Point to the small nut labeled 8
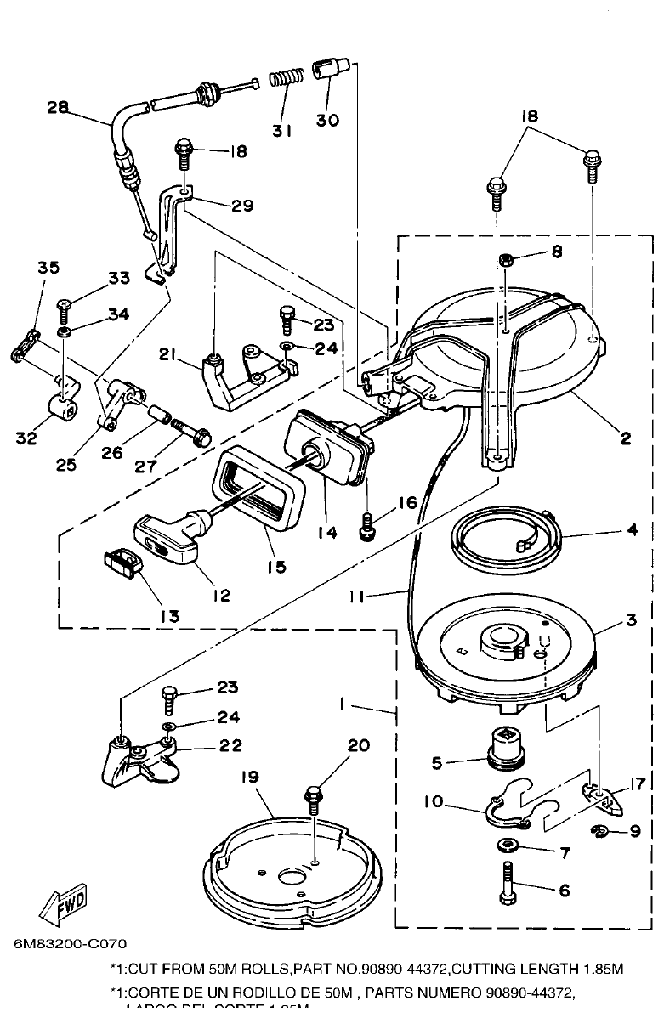505,257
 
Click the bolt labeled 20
315,798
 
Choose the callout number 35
48,268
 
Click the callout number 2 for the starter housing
625,438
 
